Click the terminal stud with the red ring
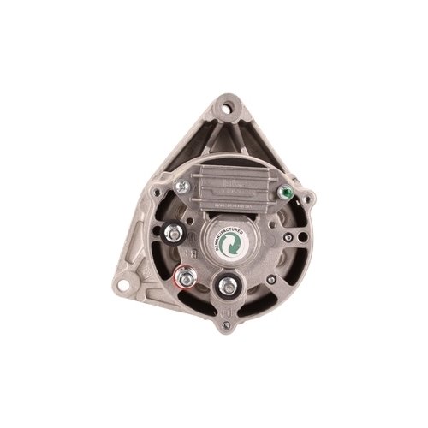click(x=186, y=278)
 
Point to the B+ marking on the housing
click(x=194, y=253)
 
